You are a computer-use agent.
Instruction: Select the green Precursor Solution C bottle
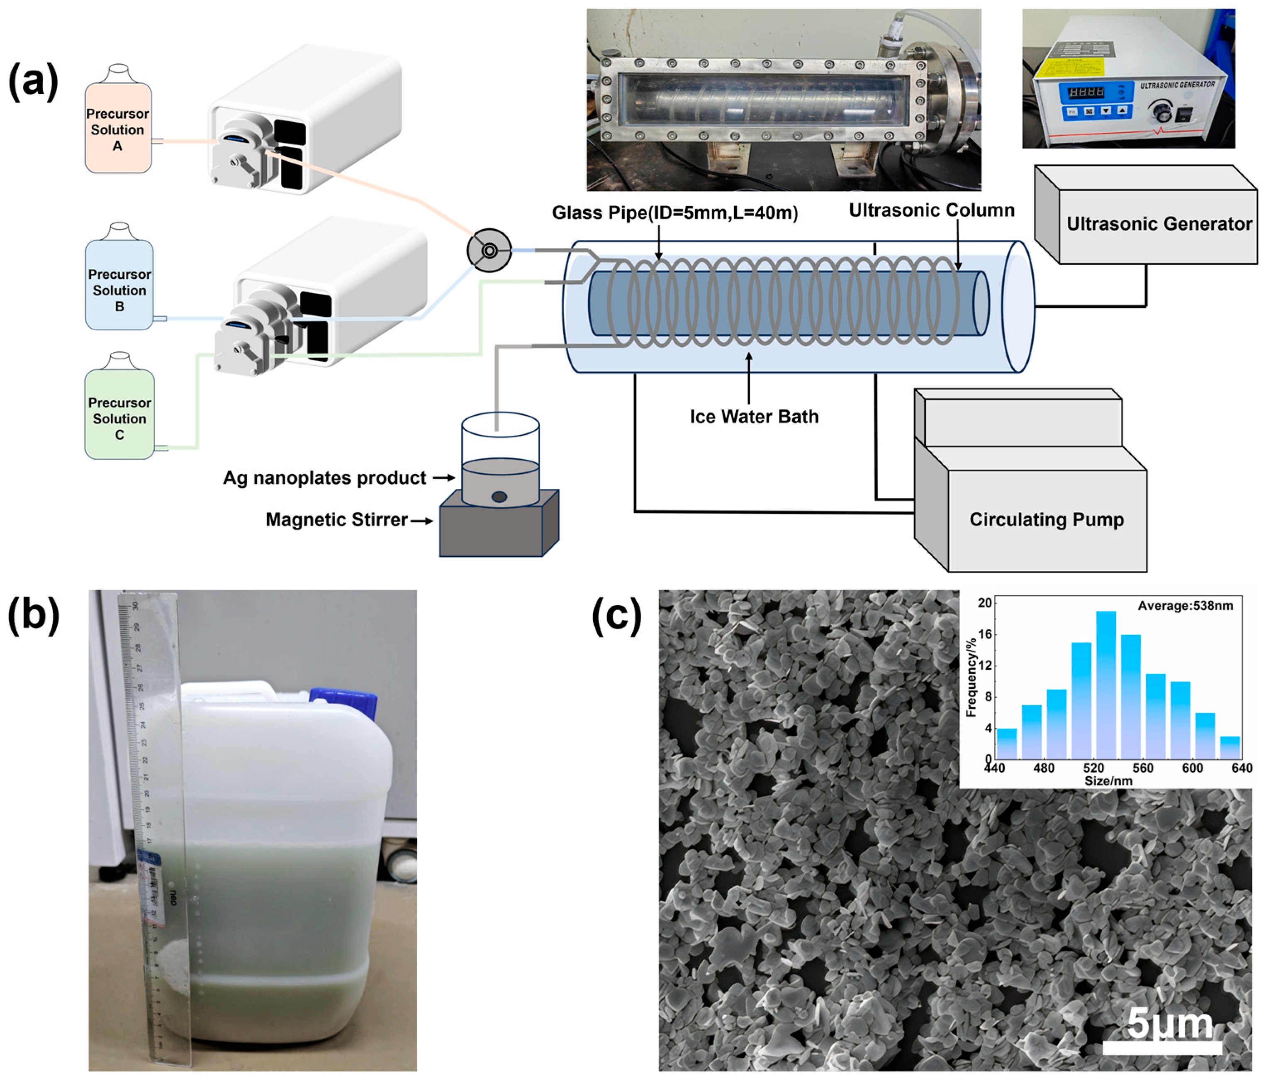coord(119,416)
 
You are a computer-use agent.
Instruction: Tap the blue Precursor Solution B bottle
coord(119,287)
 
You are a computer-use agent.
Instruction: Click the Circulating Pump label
coord(1046,519)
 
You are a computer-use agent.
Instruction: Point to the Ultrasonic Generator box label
coord(1159,224)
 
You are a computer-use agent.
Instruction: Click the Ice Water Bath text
coord(754,417)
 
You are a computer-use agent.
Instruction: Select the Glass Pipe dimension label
coord(674,213)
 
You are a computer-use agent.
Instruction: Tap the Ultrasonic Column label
coord(931,210)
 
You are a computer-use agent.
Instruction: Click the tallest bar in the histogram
coord(1106,685)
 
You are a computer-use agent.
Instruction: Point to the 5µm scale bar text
coord(1168,1023)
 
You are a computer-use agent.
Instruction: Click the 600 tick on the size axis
coord(1192,768)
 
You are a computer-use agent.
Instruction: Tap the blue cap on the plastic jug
coord(343,703)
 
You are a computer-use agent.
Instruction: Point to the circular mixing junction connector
coord(489,251)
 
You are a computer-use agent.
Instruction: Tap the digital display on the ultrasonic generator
coord(1085,92)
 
